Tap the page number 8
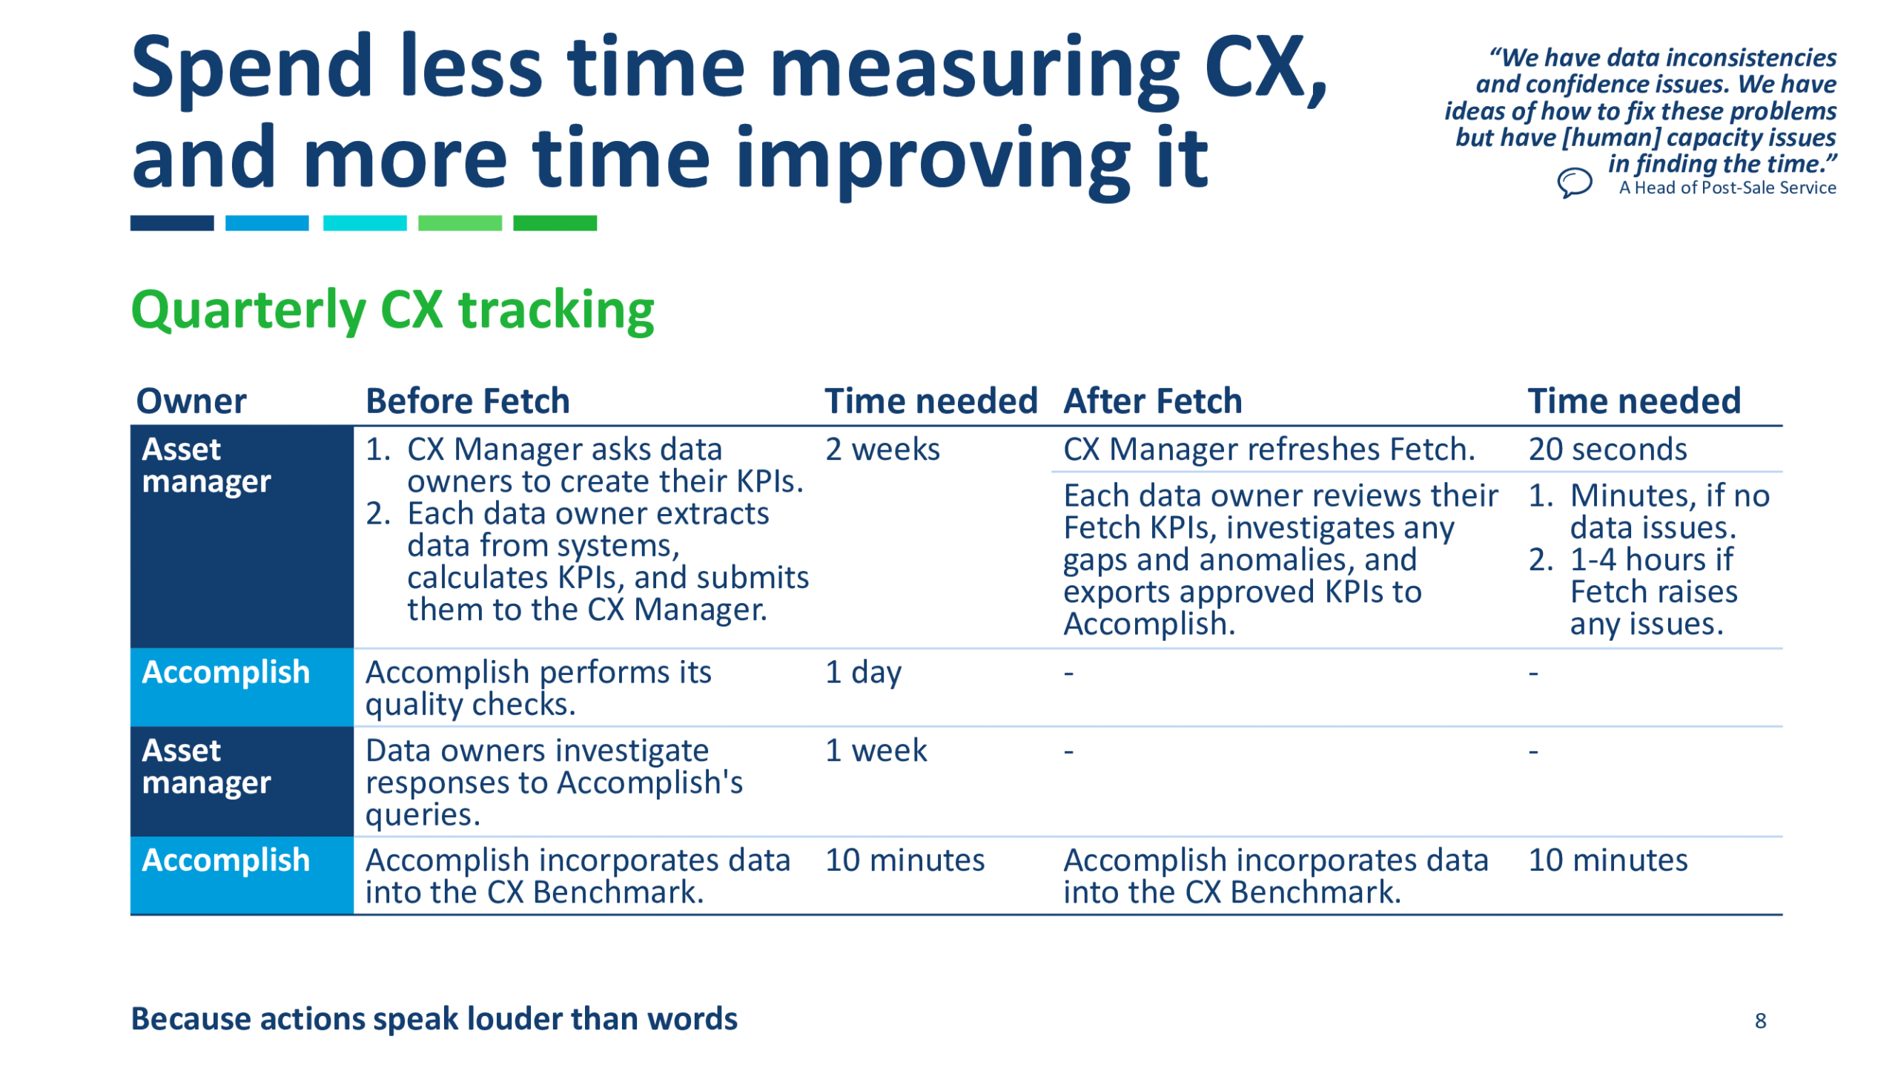(x=1759, y=1021)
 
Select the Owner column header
(x=191, y=400)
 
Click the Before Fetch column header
(x=468, y=400)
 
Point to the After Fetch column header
(x=1152, y=400)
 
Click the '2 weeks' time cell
(x=882, y=449)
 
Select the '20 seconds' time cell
(x=1607, y=449)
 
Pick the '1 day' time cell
(x=863, y=673)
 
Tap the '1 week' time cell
(x=876, y=750)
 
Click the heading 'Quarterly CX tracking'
(x=392, y=310)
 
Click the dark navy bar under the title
(x=172, y=222)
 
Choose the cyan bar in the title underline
(x=365, y=222)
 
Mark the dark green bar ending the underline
(x=555, y=222)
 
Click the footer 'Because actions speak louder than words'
(x=434, y=1019)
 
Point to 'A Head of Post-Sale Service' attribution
(x=1727, y=188)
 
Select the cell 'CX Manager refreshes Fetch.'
(x=1269, y=449)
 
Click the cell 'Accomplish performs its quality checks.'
(x=538, y=688)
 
